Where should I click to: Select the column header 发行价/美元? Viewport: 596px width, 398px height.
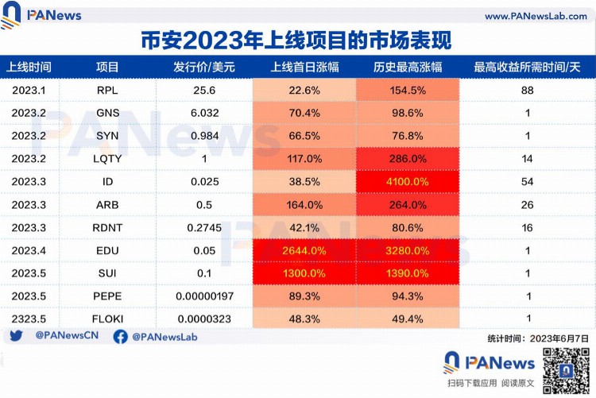204,68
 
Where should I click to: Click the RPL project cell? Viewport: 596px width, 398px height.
107,91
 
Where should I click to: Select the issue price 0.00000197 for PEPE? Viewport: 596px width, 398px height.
204,296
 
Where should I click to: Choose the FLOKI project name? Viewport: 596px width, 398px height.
107,319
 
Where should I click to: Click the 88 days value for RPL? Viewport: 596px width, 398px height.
527,91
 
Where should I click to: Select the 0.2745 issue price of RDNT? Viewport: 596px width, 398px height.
204,227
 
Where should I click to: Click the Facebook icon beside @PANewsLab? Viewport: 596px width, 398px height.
120,337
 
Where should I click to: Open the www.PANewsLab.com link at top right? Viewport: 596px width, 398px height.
534,16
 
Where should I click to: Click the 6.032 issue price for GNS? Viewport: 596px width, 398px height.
204,114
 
